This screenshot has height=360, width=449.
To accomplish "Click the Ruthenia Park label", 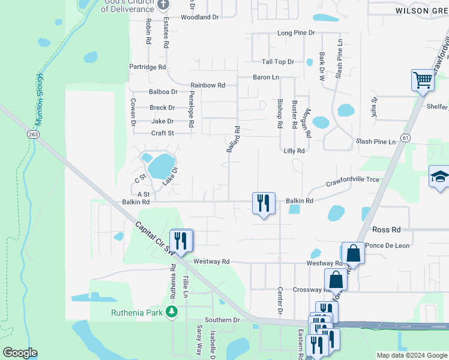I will tap(138, 312).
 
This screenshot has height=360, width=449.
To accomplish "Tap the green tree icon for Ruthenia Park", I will tap(172, 312).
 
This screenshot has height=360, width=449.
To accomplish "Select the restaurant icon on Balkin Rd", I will tap(263, 203).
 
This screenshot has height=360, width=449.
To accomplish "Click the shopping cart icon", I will tap(423, 80).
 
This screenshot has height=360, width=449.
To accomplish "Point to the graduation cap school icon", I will tap(440, 177).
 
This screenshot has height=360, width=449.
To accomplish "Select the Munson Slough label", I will tap(40, 100).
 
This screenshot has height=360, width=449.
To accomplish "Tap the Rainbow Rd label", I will tap(208, 85).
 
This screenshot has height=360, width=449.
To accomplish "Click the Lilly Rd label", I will tap(294, 151).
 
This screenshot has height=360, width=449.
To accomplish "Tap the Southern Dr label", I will tap(221, 320).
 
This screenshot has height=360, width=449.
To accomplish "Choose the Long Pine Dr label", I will tap(296, 33).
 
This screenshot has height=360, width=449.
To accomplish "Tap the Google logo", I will tap(20, 353).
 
